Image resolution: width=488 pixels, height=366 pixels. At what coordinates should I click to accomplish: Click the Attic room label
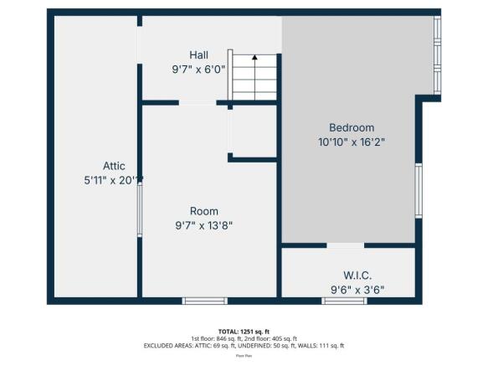(114, 166)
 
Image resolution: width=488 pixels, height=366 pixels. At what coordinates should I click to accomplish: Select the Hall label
(198, 55)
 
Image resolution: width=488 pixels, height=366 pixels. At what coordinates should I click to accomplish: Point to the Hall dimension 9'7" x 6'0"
(198, 70)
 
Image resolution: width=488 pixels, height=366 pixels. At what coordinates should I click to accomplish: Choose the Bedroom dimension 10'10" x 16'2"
(351, 142)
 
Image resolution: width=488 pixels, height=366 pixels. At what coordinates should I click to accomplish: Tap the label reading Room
(203, 211)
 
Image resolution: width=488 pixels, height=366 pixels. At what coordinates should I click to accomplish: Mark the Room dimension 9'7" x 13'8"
(203, 225)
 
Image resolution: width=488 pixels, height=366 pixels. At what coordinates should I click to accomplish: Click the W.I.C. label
(357, 275)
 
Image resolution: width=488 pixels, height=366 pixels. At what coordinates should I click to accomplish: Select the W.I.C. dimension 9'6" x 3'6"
(357, 290)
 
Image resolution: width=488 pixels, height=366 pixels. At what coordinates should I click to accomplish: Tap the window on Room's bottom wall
(204, 300)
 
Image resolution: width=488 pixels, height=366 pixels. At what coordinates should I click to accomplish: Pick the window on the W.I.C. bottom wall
(344, 300)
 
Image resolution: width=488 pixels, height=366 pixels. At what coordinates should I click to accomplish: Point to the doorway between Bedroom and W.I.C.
(345, 245)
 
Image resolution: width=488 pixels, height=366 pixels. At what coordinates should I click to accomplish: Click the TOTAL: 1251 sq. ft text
(243, 331)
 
